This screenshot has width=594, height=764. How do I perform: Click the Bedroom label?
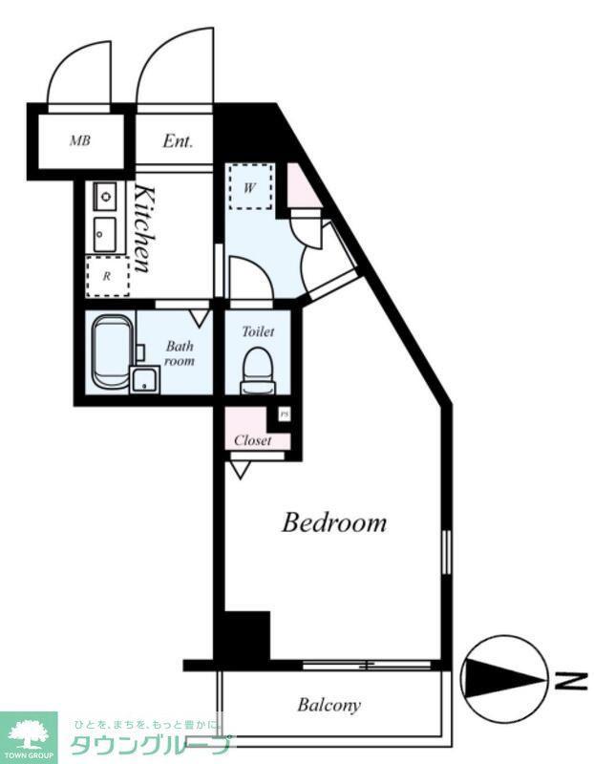click(x=334, y=522)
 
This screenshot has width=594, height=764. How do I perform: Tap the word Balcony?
click(x=329, y=705)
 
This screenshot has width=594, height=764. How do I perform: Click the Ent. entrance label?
click(x=178, y=140)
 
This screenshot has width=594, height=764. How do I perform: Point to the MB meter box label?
click(x=80, y=140)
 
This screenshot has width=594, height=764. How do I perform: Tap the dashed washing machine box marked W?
click(x=250, y=187)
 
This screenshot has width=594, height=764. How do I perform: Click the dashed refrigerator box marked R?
click(x=108, y=276)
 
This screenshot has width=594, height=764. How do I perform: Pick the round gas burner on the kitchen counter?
click(x=105, y=197)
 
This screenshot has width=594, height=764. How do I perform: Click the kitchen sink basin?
click(x=105, y=234)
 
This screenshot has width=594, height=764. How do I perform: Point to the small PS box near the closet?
click(x=285, y=414)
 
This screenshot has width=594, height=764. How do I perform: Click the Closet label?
click(x=252, y=440)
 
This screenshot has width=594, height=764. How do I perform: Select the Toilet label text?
click(x=258, y=331)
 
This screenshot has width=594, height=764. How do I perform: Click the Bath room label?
click(x=180, y=353)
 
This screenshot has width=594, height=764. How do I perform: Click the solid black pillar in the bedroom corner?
click(x=246, y=635)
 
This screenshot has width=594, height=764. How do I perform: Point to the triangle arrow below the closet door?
click(x=240, y=470)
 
